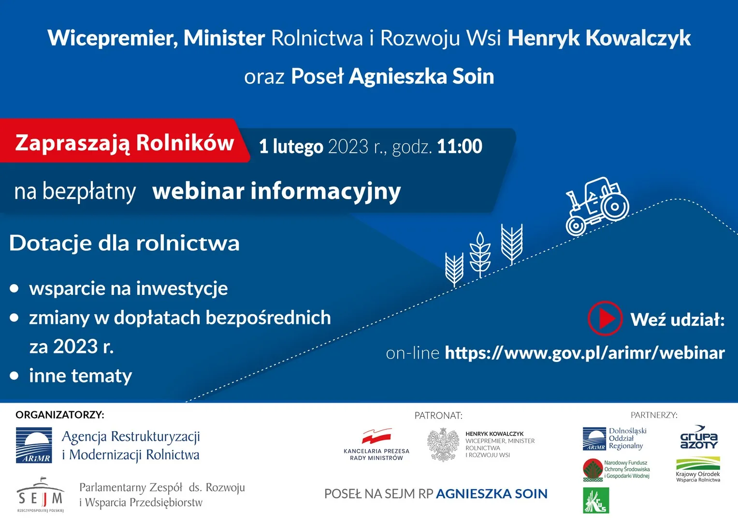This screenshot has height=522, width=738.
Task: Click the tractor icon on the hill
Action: pos(597,206)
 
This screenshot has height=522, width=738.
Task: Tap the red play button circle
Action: pos(605,319)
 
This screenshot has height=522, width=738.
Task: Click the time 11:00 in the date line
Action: pos(460,146)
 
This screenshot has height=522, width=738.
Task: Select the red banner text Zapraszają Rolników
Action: pos(125,143)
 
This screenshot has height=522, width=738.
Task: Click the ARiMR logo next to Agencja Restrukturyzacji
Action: pos(34,445)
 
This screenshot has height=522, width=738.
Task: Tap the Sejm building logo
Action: pos(41,494)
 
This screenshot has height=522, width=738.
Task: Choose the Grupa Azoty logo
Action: pos(699,437)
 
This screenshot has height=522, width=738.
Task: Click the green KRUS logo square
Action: pos(596,500)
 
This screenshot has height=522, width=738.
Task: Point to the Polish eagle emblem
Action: pos(443,445)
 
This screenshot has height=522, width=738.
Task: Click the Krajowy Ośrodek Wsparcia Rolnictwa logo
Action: pos(698,470)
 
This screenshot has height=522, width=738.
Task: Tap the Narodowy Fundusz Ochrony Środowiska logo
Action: pos(616,469)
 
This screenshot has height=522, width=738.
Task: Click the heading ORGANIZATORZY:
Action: pos(60,415)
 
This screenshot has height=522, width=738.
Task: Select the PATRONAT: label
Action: pos(438,416)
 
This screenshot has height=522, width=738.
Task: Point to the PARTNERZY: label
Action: pos(654,415)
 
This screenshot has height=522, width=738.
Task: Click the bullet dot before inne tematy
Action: pos(14,376)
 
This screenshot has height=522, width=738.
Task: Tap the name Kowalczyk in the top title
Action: pos(638,38)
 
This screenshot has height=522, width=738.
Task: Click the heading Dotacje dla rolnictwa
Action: pos(124,243)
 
